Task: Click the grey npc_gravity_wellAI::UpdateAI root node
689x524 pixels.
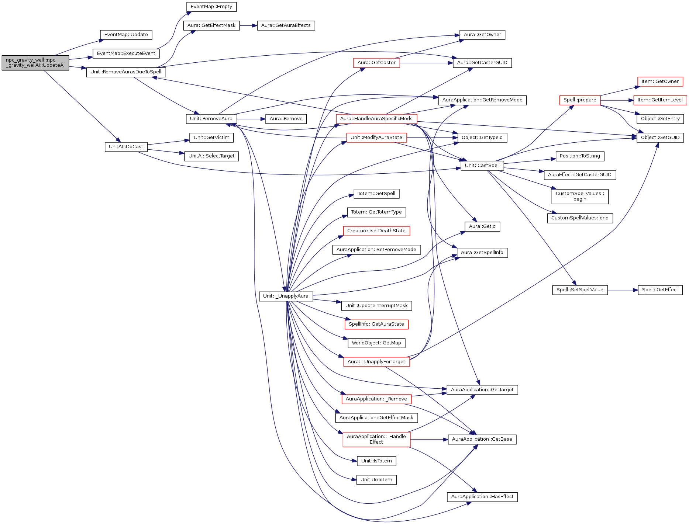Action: click(35, 63)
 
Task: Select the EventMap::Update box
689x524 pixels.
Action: click(126, 35)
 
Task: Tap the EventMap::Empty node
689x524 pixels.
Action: click(211, 7)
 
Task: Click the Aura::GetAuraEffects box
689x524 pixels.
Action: click(286, 25)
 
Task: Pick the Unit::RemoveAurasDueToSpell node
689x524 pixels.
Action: click(126, 72)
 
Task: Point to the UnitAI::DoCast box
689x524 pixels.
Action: click(126, 147)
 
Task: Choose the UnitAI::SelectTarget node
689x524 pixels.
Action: click(211, 156)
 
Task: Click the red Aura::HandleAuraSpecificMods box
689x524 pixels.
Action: click(376, 119)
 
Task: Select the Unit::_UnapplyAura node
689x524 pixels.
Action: click(286, 296)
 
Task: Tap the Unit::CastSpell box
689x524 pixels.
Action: click(482, 166)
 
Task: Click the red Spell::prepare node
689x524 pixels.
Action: click(579, 100)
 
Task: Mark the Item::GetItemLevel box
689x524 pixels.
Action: click(660, 100)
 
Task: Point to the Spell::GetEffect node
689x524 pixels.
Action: click(660, 290)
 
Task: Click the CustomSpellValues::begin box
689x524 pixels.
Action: click(579, 196)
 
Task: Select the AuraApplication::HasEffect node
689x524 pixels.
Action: click(482, 497)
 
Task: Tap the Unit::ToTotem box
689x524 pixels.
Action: click(376, 480)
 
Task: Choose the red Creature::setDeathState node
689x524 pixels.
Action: click(376, 231)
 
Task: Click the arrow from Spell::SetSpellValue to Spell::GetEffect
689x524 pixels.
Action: click(623, 290)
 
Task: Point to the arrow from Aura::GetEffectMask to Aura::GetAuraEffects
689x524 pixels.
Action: click(248, 25)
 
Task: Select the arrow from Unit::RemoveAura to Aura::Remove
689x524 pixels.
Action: click(251, 119)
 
